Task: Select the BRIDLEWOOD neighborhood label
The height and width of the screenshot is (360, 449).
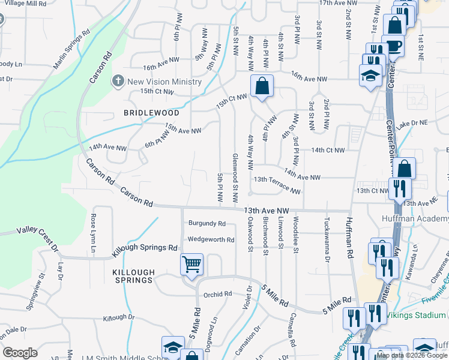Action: coord(151,112)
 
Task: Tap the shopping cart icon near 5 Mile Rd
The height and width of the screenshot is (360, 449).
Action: coord(191,264)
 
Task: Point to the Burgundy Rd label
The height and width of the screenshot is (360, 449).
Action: coord(206,223)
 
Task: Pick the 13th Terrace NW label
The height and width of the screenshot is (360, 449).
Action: coord(277,185)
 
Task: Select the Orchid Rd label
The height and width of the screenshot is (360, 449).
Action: coord(217,295)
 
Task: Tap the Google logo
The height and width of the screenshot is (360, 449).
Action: coord(20,352)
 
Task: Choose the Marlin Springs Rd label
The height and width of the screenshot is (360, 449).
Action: coord(71,48)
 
